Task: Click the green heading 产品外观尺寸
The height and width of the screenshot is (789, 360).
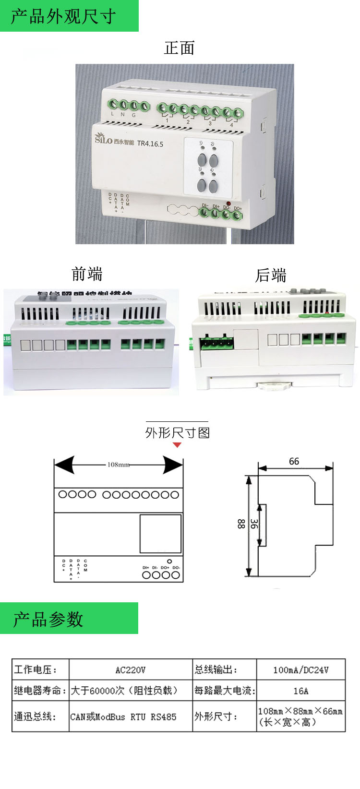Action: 63,16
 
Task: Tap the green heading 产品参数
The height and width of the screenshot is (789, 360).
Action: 48,619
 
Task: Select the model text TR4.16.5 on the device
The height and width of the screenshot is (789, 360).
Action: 150,143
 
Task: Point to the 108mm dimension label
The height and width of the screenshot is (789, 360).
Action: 118,465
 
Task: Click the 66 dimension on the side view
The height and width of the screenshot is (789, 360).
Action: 294,461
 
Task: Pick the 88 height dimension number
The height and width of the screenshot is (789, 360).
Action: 241,524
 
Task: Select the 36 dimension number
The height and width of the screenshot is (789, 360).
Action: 254,524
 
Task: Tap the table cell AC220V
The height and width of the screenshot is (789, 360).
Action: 130,670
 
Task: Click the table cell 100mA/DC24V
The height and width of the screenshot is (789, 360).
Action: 300,670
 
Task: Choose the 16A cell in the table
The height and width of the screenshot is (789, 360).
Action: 300,691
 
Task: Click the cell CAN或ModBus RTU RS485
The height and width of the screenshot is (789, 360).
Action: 123,717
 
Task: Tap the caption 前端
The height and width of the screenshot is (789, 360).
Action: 87,274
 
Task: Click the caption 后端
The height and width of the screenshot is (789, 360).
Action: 271,275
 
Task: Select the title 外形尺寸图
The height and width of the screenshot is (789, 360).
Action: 177,433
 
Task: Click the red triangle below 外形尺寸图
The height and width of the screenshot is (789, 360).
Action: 177,445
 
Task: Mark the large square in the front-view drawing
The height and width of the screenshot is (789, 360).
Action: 160,534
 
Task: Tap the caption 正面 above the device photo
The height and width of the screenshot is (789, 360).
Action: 179,48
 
